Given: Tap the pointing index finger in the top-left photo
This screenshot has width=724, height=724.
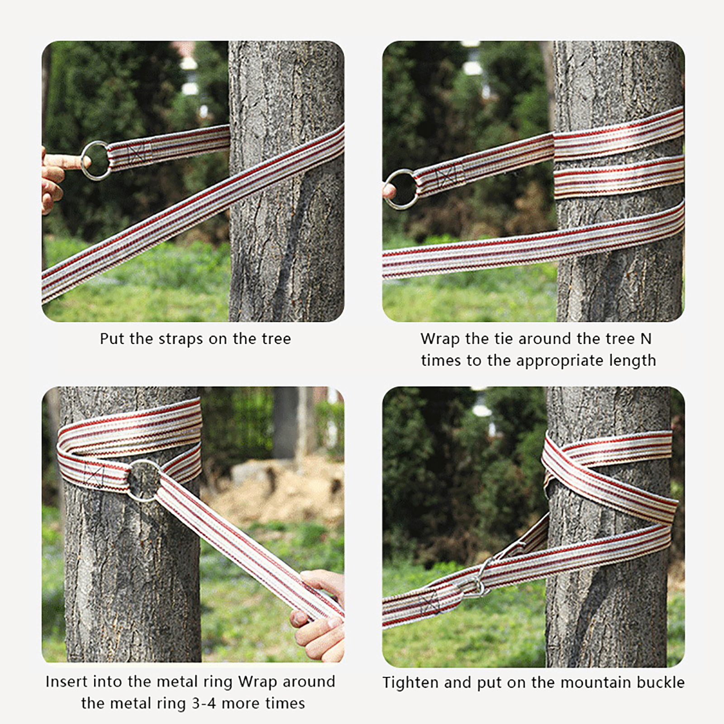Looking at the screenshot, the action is (63, 161).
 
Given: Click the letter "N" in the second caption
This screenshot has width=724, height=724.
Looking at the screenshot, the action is (646, 338).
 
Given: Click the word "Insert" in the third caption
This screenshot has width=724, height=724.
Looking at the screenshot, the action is (68, 681).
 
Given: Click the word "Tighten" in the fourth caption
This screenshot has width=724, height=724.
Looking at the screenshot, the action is (410, 682).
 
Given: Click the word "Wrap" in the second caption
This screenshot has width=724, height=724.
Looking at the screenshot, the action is (439, 339).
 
